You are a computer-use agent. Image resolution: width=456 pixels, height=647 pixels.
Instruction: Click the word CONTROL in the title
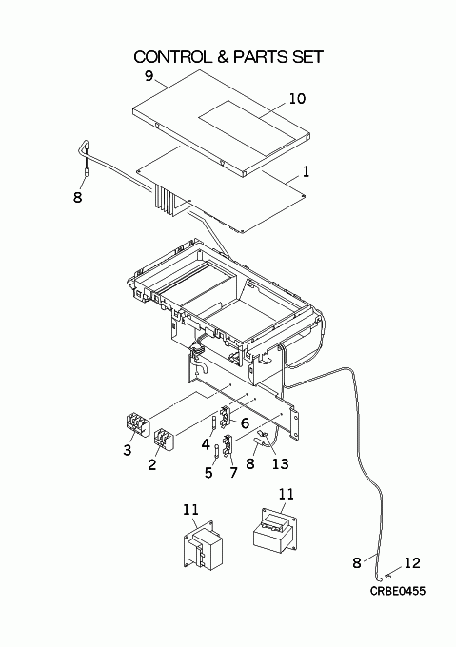(x=171, y=57)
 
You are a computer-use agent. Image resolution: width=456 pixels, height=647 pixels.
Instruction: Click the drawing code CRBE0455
(x=397, y=591)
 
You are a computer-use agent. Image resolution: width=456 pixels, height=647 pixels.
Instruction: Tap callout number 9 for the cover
(x=149, y=76)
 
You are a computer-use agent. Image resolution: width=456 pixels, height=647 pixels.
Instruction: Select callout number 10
(x=297, y=99)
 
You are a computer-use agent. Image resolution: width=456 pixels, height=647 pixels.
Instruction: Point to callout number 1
(x=306, y=171)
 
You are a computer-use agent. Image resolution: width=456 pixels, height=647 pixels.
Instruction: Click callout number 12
(x=412, y=563)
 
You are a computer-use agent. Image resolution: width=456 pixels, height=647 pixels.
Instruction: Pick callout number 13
(x=280, y=463)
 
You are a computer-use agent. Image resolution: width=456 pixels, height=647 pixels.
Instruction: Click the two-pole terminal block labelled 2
(x=165, y=441)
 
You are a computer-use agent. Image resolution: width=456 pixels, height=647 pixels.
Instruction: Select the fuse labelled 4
(x=214, y=423)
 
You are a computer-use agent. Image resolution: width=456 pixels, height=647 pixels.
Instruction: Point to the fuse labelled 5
(x=217, y=452)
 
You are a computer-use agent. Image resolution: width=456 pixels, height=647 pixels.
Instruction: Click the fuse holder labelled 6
(x=226, y=416)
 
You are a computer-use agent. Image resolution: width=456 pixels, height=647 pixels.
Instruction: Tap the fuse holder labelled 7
(x=228, y=445)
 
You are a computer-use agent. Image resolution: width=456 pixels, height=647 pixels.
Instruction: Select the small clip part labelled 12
(x=387, y=575)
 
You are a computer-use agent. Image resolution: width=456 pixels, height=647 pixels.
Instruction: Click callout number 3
(x=128, y=450)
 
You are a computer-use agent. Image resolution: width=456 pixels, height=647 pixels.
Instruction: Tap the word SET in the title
(x=307, y=57)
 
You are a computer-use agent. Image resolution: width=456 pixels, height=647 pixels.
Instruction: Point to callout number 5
(x=208, y=473)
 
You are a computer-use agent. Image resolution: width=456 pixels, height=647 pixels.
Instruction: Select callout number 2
(x=152, y=464)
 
